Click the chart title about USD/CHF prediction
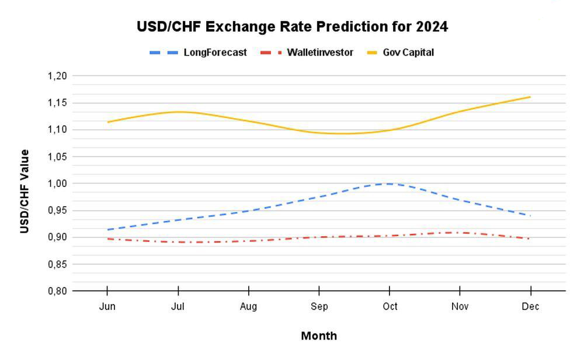[x=293, y=27]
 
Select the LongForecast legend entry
[x=198, y=53]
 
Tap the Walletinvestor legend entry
[x=307, y=53]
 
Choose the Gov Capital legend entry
[x=401, y=53]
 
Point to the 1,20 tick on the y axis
[x=57, y=76]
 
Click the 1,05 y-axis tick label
[x=57, y=157]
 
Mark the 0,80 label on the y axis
[x=57, y=291]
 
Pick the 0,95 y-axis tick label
[x=57, y=210]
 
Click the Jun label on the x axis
[x=107, y=306]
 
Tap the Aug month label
[x=248, y=307]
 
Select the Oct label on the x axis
[x=390, y=306]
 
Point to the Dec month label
[x=530, y=306]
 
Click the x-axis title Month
[x=319, y=336]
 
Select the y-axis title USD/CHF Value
[x=25, y=192]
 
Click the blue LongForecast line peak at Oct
[x=390, y=184]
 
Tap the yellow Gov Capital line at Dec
[x=530, y=97]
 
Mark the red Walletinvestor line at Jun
[x=108, y=239]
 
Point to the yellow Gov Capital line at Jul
[x=178, y=112]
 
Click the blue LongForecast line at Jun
[x=108, y=230]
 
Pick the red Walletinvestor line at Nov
[x=460, y=233]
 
